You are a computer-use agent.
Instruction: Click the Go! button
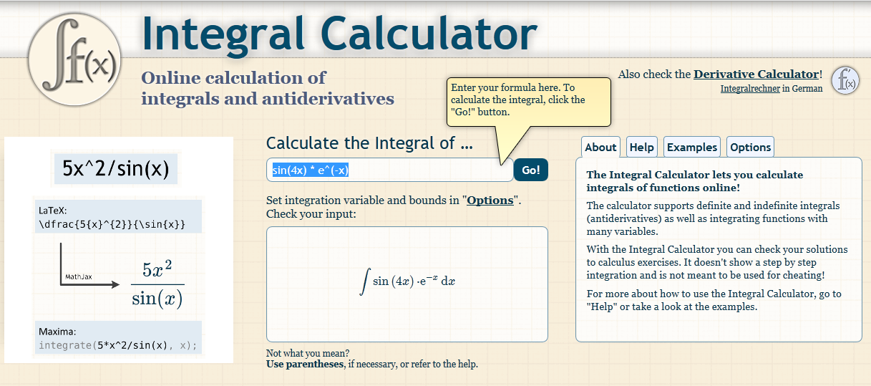[x=530, y=170]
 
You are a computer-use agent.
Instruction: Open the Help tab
[x=641, y=147]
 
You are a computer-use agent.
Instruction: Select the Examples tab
[x=691, y=147]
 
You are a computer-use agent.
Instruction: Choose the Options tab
[x=750, y=147]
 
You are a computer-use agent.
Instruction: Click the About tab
[x=600, y=147]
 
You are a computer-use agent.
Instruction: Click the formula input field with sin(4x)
[x=389, y=170]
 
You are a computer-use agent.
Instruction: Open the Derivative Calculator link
[x=756, y=74]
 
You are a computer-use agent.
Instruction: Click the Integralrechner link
[x=749, y=89]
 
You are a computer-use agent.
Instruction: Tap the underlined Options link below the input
[x=490, y=201]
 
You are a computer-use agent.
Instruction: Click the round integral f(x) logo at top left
[x=74, y=59]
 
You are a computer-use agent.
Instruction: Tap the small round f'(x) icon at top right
[x=845, y=79]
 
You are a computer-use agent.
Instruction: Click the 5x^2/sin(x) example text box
[x=115, y=168]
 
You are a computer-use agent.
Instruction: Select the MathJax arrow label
[x=78, y=276]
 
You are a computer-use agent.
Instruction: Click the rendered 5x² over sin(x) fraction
[x=157, y=284]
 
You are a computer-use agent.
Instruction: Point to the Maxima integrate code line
[x=117, y=345]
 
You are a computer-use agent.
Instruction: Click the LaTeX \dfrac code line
[x=112, y=224]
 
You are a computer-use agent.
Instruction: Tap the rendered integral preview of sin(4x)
[x=407, y=281]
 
